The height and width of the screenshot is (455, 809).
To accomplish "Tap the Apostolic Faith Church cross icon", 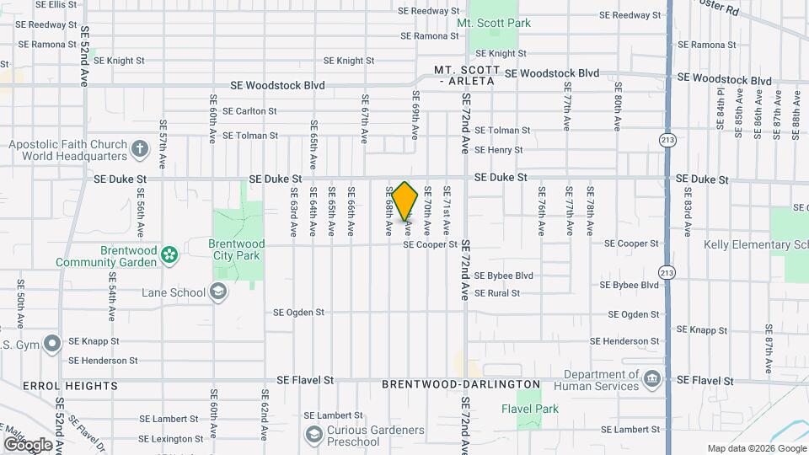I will coord(140,150).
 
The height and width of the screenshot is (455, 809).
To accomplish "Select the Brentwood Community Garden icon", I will coord(169,253).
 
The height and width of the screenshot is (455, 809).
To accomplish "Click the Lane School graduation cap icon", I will coord(218,292).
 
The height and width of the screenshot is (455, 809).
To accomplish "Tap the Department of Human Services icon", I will coord(651,380).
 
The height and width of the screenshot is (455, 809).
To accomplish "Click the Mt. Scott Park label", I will coord(494,23).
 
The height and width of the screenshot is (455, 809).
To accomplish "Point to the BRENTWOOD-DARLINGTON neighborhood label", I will coord(461,384).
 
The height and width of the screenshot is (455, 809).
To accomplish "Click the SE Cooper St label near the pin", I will coord(430,244).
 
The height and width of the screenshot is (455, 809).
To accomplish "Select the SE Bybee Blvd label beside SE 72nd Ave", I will coord(504,276).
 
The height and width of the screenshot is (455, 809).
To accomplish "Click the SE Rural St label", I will coord(497,293).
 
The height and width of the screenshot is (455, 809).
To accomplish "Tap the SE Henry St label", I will coord(499,150).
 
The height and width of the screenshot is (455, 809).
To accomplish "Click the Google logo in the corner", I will coord(28,444).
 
